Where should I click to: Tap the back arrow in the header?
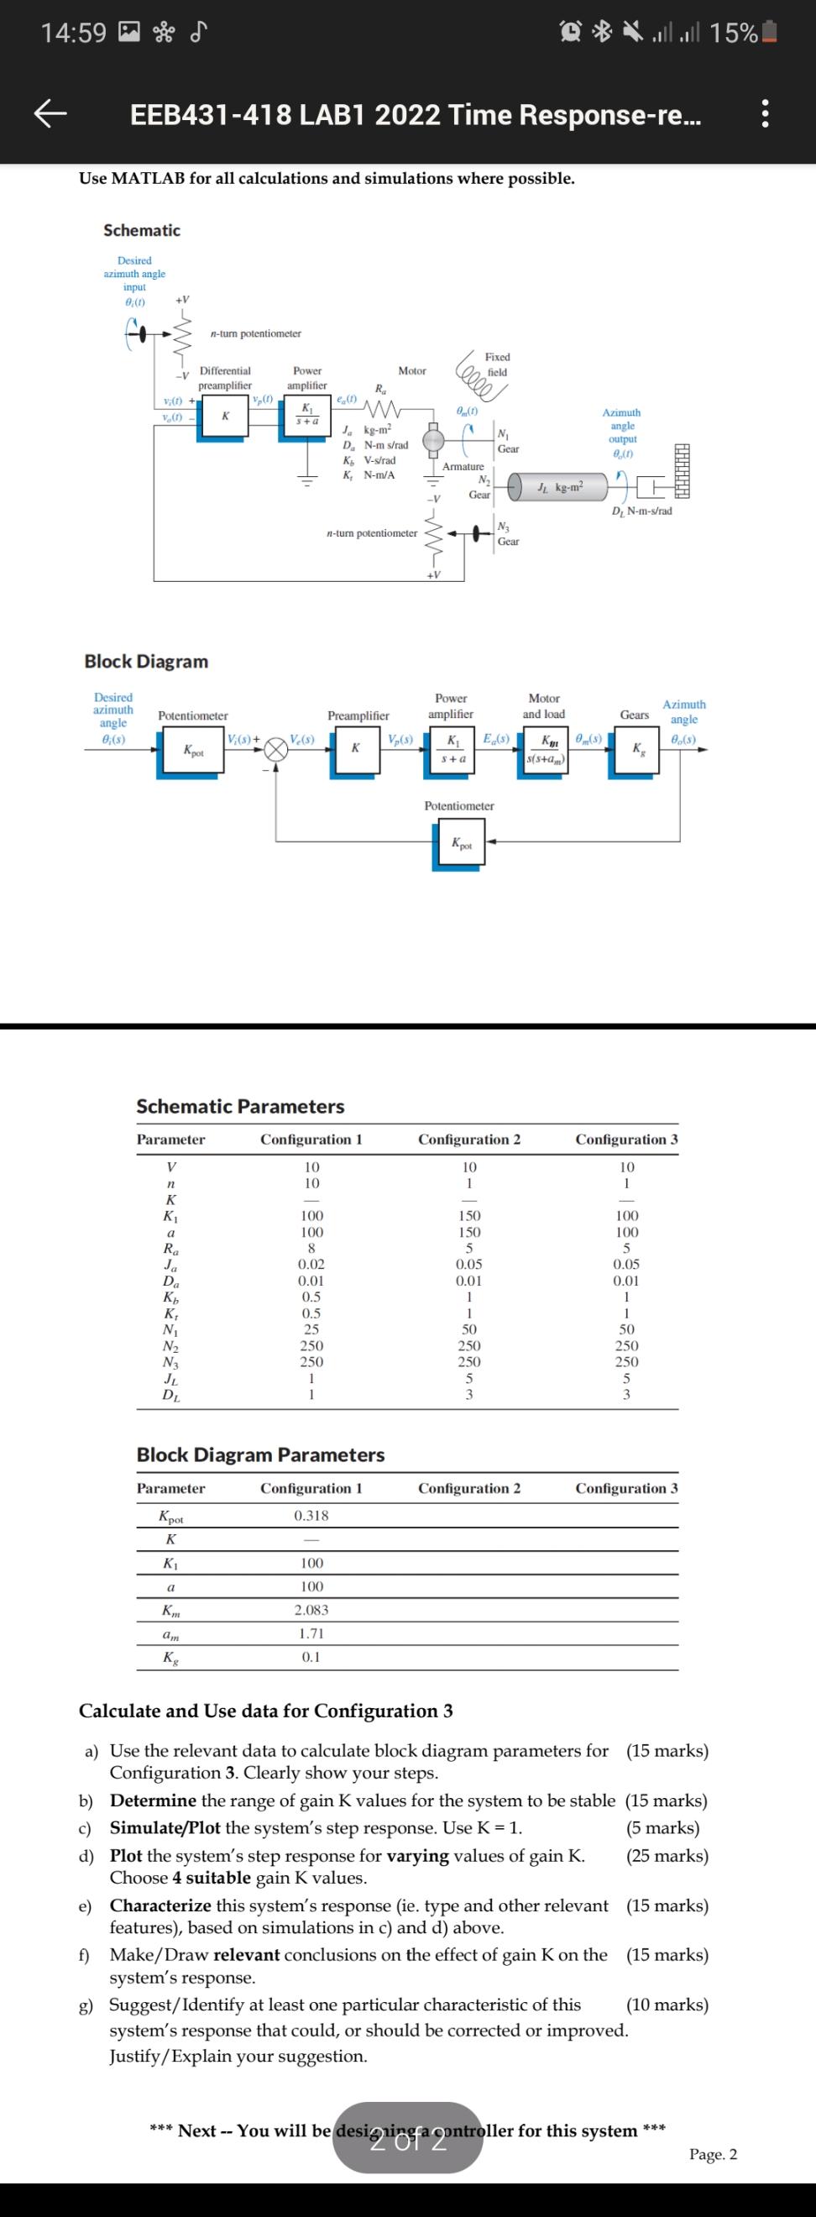point(50,114)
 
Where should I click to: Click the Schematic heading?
point(142,231)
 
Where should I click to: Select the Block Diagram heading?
point(146,661)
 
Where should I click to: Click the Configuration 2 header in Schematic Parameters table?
point(469,1140)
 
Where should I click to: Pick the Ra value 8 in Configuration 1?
point(311,1249)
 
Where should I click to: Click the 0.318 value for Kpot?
point(311,1516)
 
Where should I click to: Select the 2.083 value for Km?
point(311,1610)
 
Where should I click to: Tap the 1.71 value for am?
point(311,1633)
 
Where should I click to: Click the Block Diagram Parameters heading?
point(261,1455)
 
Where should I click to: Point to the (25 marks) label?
point(668,1857)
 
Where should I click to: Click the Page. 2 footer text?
point(713,2155)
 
